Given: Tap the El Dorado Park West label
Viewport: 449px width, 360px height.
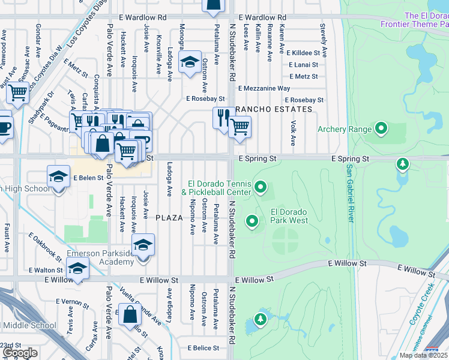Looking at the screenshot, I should [289, 216].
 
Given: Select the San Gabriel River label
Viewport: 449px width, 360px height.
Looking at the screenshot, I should [349, 193].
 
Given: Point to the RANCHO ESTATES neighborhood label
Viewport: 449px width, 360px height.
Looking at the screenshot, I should [274, 109].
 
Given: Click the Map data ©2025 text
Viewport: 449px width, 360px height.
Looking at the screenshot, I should [423, 355].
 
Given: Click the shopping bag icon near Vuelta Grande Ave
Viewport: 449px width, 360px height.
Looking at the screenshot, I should [130, 314].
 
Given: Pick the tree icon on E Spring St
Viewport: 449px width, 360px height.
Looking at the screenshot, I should [403, 164].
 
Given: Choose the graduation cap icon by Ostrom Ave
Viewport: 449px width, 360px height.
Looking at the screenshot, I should [190, 62].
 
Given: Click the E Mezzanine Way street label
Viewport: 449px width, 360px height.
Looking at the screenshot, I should [264, 88].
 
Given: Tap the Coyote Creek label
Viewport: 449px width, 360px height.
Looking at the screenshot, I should [423, 309].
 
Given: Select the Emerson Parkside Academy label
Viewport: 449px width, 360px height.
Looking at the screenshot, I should [100, 257].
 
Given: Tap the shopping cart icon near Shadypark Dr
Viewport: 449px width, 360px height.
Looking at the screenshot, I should [18, 92].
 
